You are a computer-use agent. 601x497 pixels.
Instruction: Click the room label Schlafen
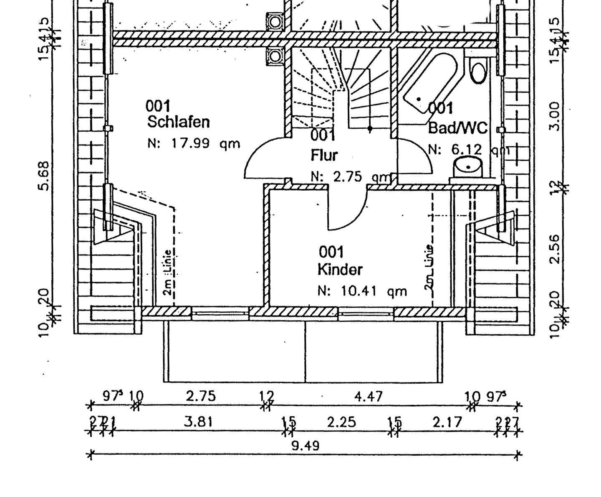click(178, 122)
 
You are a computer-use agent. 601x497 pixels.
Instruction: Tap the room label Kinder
click(340, 269)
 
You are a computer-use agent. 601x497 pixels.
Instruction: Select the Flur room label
click(324, 155)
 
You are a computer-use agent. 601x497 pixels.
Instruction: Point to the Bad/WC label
click(457, 127)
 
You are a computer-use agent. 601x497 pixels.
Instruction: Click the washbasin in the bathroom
click(468, 167)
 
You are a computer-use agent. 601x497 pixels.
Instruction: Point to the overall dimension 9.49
click(305, 446)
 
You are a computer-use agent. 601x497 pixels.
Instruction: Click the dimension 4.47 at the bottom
click(368, 396)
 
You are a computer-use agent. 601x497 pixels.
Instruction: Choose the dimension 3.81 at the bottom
click(198, 422)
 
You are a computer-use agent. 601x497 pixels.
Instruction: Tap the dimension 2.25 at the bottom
click(341, 422)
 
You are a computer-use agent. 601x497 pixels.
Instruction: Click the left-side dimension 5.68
click(44, 176)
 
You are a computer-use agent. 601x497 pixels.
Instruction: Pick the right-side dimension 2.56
click(554, 249)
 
